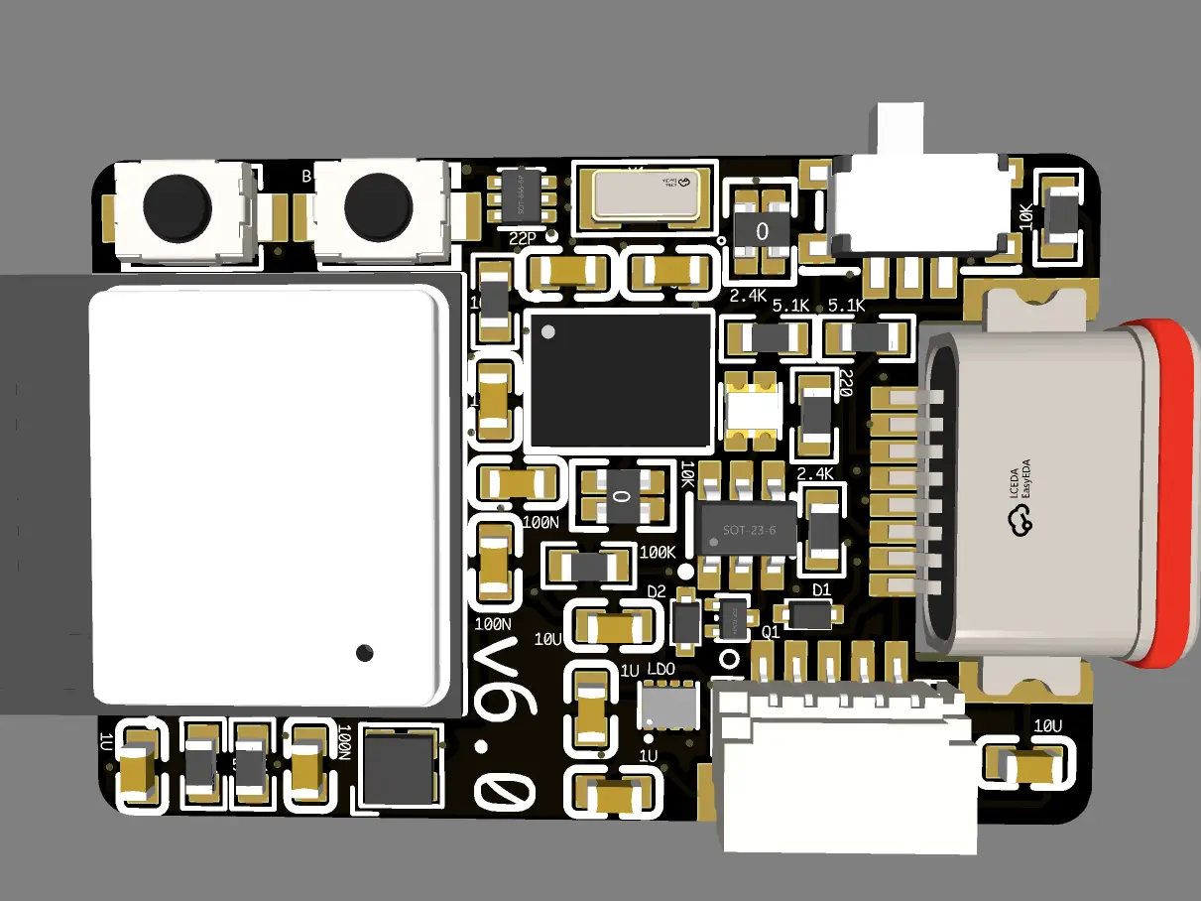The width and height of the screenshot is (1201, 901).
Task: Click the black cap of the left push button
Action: [x=177, y=206]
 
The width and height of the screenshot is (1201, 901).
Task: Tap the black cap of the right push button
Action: [x=377, y=206]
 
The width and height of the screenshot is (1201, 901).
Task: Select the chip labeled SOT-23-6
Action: [x=748, y=530]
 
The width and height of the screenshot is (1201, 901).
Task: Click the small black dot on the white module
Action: [x=365, y=652]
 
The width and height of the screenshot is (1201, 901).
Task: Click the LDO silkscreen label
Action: [x=661, y=672]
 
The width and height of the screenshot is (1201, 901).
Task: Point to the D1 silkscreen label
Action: [x=821, y=590]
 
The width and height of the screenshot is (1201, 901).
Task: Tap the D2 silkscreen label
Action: [x=657, y=592]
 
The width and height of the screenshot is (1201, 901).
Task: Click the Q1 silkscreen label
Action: [x=770, y=631]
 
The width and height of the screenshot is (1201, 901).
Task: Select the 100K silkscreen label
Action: [x=658, y=553]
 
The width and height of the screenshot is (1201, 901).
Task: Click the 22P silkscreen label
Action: [x=522, y=239]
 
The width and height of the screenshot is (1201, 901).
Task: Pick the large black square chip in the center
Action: [x=619, y=377]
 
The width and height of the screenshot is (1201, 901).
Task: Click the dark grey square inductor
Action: [x=400, y=766]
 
